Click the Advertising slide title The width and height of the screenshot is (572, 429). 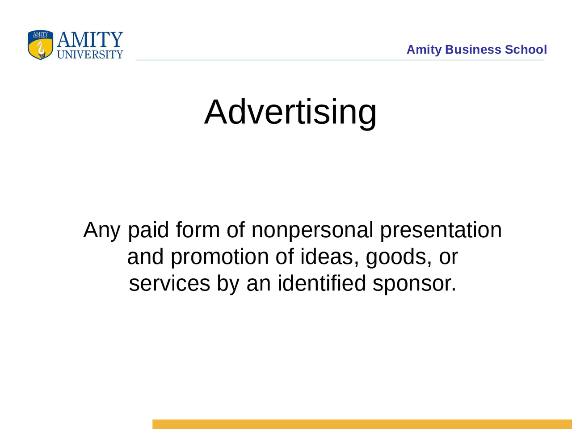290,112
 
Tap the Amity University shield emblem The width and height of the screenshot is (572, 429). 41,45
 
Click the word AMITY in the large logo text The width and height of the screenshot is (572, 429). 90,40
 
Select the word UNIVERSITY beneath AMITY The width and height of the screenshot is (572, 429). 90,55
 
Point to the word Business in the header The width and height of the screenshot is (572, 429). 473,50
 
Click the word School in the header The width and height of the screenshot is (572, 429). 526,50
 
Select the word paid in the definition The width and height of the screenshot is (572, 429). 148,231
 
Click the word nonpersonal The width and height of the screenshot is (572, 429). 312,231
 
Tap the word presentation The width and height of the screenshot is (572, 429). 441,231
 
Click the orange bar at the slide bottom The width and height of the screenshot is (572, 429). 362,424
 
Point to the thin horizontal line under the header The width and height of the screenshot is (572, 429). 340,60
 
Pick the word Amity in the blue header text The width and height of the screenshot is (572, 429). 424,50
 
